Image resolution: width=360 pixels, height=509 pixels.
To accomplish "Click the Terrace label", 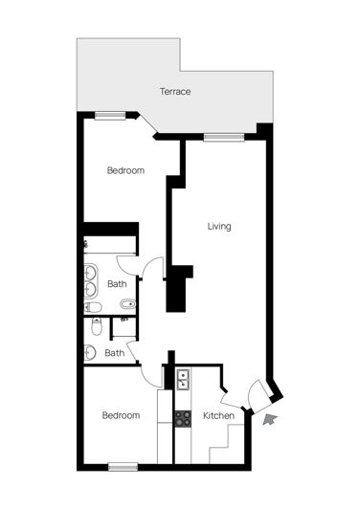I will (x=175, y=92).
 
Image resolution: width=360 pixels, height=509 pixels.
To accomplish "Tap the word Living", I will (x=220, y=227).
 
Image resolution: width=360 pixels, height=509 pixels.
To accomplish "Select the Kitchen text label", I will (x=218, y=416).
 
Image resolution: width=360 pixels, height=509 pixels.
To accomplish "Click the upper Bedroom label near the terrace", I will (x=125, y=170).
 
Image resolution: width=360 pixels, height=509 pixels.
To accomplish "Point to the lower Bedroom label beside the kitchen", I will (x=122, y=416).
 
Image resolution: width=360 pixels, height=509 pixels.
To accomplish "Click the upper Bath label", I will (x=117, y=283).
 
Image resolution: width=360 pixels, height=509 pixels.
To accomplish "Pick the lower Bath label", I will (x=114, y=352).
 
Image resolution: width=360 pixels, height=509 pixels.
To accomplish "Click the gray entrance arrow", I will (x=270, y=417).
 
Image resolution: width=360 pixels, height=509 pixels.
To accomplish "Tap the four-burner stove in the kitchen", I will (x=183, y=417).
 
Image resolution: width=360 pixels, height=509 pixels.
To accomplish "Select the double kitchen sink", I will (x=183, y=380).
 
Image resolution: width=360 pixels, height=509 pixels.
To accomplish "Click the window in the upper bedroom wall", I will (x=110, y=116).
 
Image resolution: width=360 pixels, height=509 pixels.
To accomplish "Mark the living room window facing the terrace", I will (x=219, y=137).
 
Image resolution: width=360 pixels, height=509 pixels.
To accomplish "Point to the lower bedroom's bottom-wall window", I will (x=123, y=467).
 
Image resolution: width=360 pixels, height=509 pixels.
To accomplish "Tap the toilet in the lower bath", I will (x=93, y=327).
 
